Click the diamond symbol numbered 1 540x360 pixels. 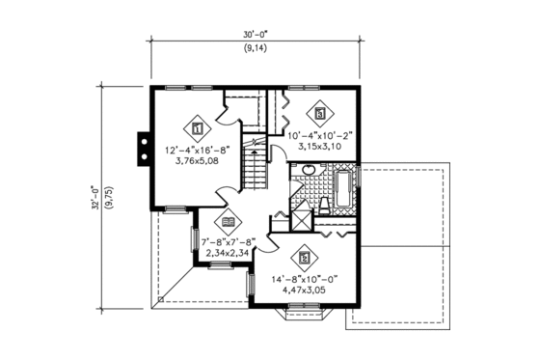pyautogui.click(x=197, y=127)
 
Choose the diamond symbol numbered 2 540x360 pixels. pyautogui.click(x=305, y=258)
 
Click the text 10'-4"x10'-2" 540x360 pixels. pyautogui.click(x=320, y=137)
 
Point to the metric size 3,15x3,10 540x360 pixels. pyautogui.click(x=320, y=148)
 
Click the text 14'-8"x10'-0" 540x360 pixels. pyautogui.click(x=306, y=277)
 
